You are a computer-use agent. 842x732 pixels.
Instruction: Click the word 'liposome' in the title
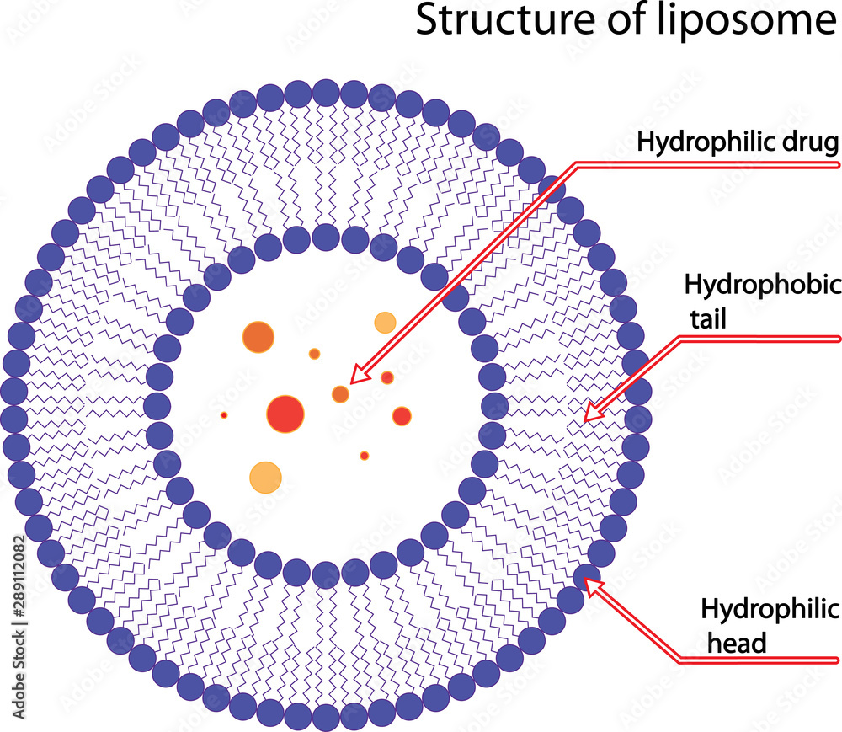click(x=746, y=21)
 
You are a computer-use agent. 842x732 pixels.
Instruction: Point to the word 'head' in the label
click(x=736, y=644)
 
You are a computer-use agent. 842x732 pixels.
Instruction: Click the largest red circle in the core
click(x=285, y=413)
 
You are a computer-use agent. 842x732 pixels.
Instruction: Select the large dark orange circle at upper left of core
click(x=258, y=337)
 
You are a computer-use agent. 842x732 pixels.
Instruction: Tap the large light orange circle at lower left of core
click(x=266, y=477)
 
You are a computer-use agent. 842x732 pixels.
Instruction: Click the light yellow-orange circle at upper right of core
click(x=385, y=322)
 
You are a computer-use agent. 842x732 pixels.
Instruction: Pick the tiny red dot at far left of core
click(x=224, y=415)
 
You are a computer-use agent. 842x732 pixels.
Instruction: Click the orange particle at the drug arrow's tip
click(x=340, y=393)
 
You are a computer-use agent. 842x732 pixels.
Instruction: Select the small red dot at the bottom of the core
click(x=365, y=456)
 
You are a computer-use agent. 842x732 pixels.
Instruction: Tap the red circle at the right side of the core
click(x=402, y=415)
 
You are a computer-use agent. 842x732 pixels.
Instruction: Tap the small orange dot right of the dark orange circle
click(x=314, y=354)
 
